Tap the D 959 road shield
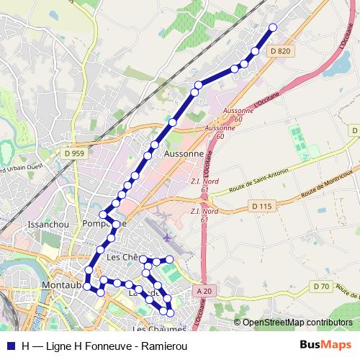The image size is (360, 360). click(74, 153)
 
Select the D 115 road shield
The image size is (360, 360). click(262, 206)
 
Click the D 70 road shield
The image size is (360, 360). click(320, 287)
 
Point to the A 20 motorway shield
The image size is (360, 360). click(204, 289)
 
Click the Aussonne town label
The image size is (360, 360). click(184, 154)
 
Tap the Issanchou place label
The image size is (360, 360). click(47, 225)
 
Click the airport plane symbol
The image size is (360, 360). click(168, 236)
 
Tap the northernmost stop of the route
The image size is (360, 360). click(273, 27)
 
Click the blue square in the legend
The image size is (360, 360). click(10, 345)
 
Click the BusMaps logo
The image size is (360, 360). click(325, 345)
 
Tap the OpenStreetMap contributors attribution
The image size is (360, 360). click(297, 323)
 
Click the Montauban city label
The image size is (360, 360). click(60, 285)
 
